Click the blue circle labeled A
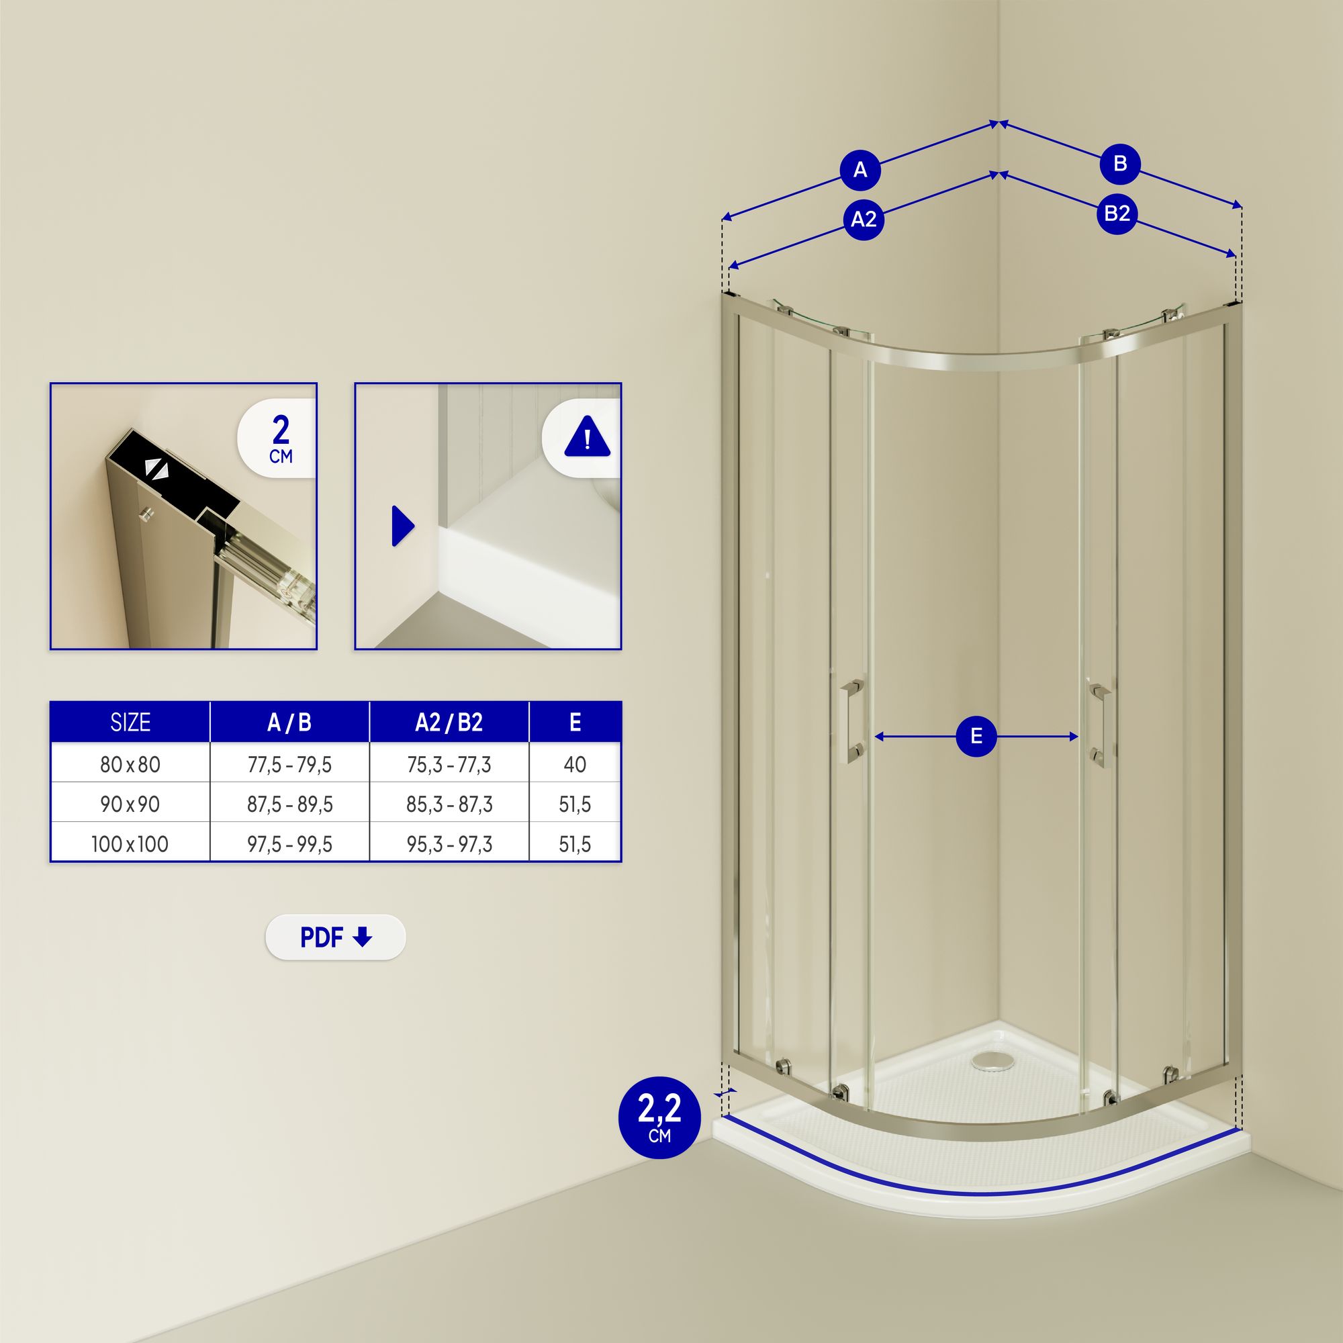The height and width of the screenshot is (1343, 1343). click(860, 170)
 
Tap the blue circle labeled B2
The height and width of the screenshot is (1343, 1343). click(1117, 213)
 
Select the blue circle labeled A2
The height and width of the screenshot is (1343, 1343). click(864, 220)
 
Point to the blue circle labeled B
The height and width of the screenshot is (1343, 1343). click(1120, 164)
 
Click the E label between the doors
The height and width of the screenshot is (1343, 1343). click(976, 736)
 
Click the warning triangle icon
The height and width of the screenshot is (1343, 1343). click(587, 437)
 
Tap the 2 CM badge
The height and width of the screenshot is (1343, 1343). click(280, 438)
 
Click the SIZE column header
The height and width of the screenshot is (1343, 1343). click(130, 723)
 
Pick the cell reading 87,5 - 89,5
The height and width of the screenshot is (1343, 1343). click(289, 804)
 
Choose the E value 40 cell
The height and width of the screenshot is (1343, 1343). click(574, 765)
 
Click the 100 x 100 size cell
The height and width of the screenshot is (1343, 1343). click(130, 844)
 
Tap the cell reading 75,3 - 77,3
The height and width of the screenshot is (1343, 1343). click(449, 765)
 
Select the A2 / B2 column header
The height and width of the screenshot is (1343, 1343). click(449, 723)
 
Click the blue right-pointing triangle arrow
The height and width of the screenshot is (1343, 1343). click(402, 526)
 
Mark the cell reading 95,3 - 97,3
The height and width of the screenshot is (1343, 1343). click(449, 844)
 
